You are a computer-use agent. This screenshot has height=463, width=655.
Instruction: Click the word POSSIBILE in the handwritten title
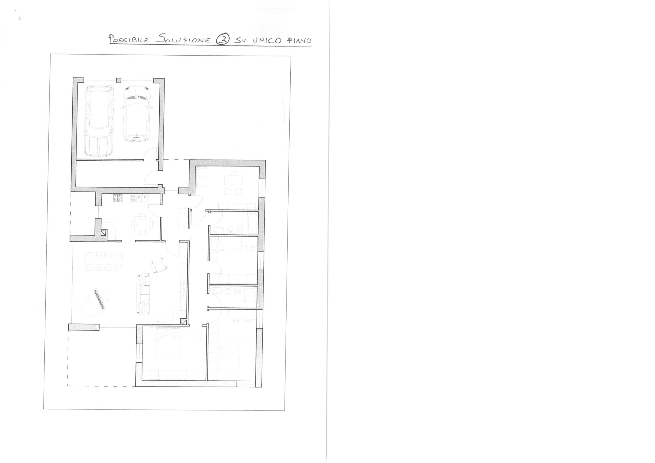click(x=128, y=39)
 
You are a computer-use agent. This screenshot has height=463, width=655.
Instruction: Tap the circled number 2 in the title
click(x=222, y=40)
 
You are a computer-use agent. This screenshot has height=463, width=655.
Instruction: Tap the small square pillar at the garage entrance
click(x=118, y=81)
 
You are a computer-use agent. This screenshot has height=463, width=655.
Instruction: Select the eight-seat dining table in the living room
click(x=104, y=261)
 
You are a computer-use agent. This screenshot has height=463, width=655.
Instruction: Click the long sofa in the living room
click(x=143, y=294)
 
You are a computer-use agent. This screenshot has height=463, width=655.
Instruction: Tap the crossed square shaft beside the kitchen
click(x=104, y=233)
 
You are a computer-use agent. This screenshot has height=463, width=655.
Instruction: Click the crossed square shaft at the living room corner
click(x=184, y=322)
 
